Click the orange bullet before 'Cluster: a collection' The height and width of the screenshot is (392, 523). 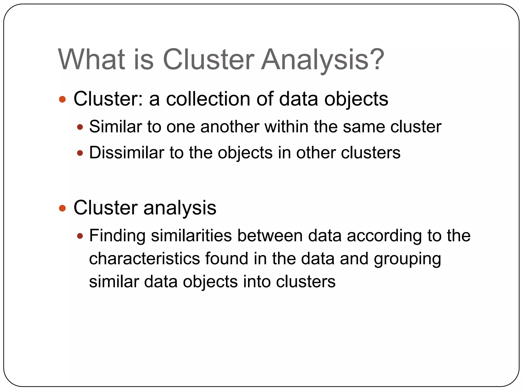62,99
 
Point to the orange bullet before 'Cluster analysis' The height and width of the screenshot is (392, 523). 62,208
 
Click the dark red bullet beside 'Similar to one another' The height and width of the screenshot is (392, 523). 80,127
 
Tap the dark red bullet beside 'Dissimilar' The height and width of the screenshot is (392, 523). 80,153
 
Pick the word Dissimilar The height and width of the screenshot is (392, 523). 126,153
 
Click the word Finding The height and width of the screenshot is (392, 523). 117,236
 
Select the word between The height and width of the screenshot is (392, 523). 270,235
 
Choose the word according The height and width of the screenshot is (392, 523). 384,236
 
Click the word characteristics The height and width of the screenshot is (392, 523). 144,259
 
